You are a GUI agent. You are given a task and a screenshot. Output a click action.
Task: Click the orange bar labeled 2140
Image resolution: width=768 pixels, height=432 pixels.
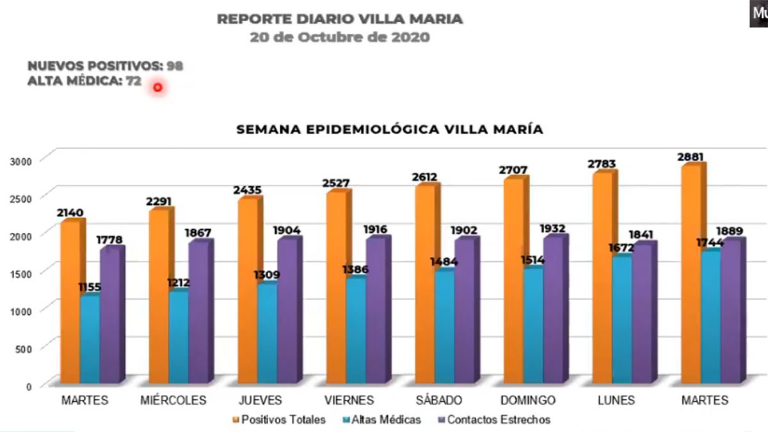70,301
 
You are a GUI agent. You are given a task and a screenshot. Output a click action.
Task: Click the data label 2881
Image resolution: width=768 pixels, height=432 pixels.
692,156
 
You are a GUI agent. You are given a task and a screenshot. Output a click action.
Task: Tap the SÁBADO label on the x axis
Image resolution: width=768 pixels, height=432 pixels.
438,401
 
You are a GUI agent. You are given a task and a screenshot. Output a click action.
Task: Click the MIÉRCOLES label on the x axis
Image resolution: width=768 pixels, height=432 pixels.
173,401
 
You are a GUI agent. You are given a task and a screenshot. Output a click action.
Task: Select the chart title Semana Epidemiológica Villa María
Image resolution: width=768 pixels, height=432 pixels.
390,129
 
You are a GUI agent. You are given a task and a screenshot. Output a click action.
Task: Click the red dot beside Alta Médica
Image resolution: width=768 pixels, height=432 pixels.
157,86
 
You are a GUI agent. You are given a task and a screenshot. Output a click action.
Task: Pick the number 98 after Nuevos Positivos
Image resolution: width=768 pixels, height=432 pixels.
175,66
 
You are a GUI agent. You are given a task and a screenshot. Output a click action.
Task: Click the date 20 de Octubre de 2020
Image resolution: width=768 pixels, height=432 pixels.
340,37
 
